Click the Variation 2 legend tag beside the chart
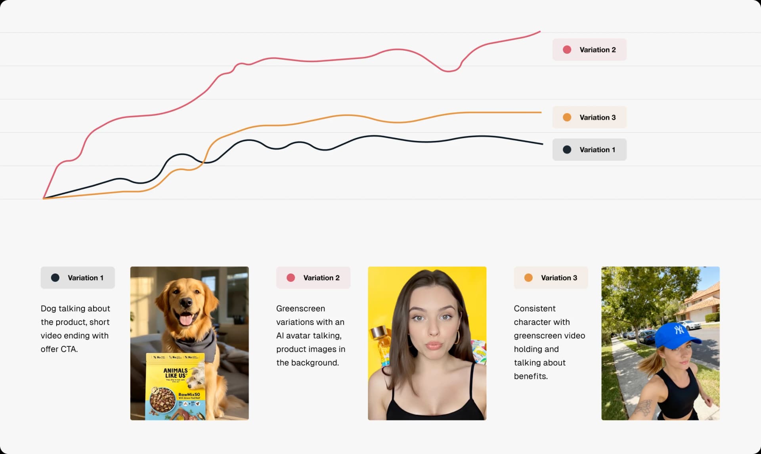(589, 50)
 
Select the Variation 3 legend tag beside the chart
(589, 118)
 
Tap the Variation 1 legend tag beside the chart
(589, 150)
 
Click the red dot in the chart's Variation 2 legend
(567, 50)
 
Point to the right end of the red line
(540, 32)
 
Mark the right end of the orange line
(541, 112)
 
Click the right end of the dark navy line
(542, 144)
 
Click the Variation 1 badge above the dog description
(78, 278)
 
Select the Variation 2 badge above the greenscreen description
(313, 278)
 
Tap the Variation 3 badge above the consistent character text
(551, 278)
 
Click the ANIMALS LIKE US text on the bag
(176, 373)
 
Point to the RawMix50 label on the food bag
(189, 395)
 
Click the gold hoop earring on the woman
(457, 337)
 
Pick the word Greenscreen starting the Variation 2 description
(300, 309)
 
